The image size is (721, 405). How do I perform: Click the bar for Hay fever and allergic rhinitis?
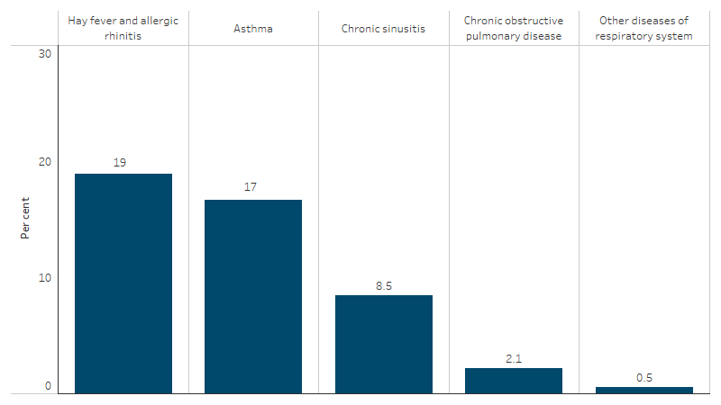pos(123,283)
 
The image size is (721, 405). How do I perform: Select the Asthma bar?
pos(253,296)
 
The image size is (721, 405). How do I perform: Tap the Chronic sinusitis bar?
pos(384,344)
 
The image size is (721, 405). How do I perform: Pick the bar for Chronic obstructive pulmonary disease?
pos(514,381)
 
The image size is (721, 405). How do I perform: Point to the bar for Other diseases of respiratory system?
pos(644,390)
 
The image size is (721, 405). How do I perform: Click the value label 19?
pos(119,163)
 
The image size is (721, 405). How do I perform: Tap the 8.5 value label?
pos(384,285)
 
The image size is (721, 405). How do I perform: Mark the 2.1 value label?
pos(514,358)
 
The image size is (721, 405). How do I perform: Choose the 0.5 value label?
pos(644,377)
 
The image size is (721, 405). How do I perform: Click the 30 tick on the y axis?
pos(45,54)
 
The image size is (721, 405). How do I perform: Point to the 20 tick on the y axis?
pos(45,162)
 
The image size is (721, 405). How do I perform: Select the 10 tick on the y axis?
pos(45,277)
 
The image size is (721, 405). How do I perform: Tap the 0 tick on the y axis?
pos(49,387)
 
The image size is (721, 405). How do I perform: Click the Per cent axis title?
pos(26,218)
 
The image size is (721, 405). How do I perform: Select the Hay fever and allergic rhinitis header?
pos(123,29)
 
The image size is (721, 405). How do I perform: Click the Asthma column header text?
pos(253,29)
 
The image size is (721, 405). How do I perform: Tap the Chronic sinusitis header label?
pos(384,29)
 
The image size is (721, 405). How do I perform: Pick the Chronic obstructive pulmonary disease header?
pos(514,29)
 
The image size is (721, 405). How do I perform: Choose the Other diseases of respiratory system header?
pos(644,29)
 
